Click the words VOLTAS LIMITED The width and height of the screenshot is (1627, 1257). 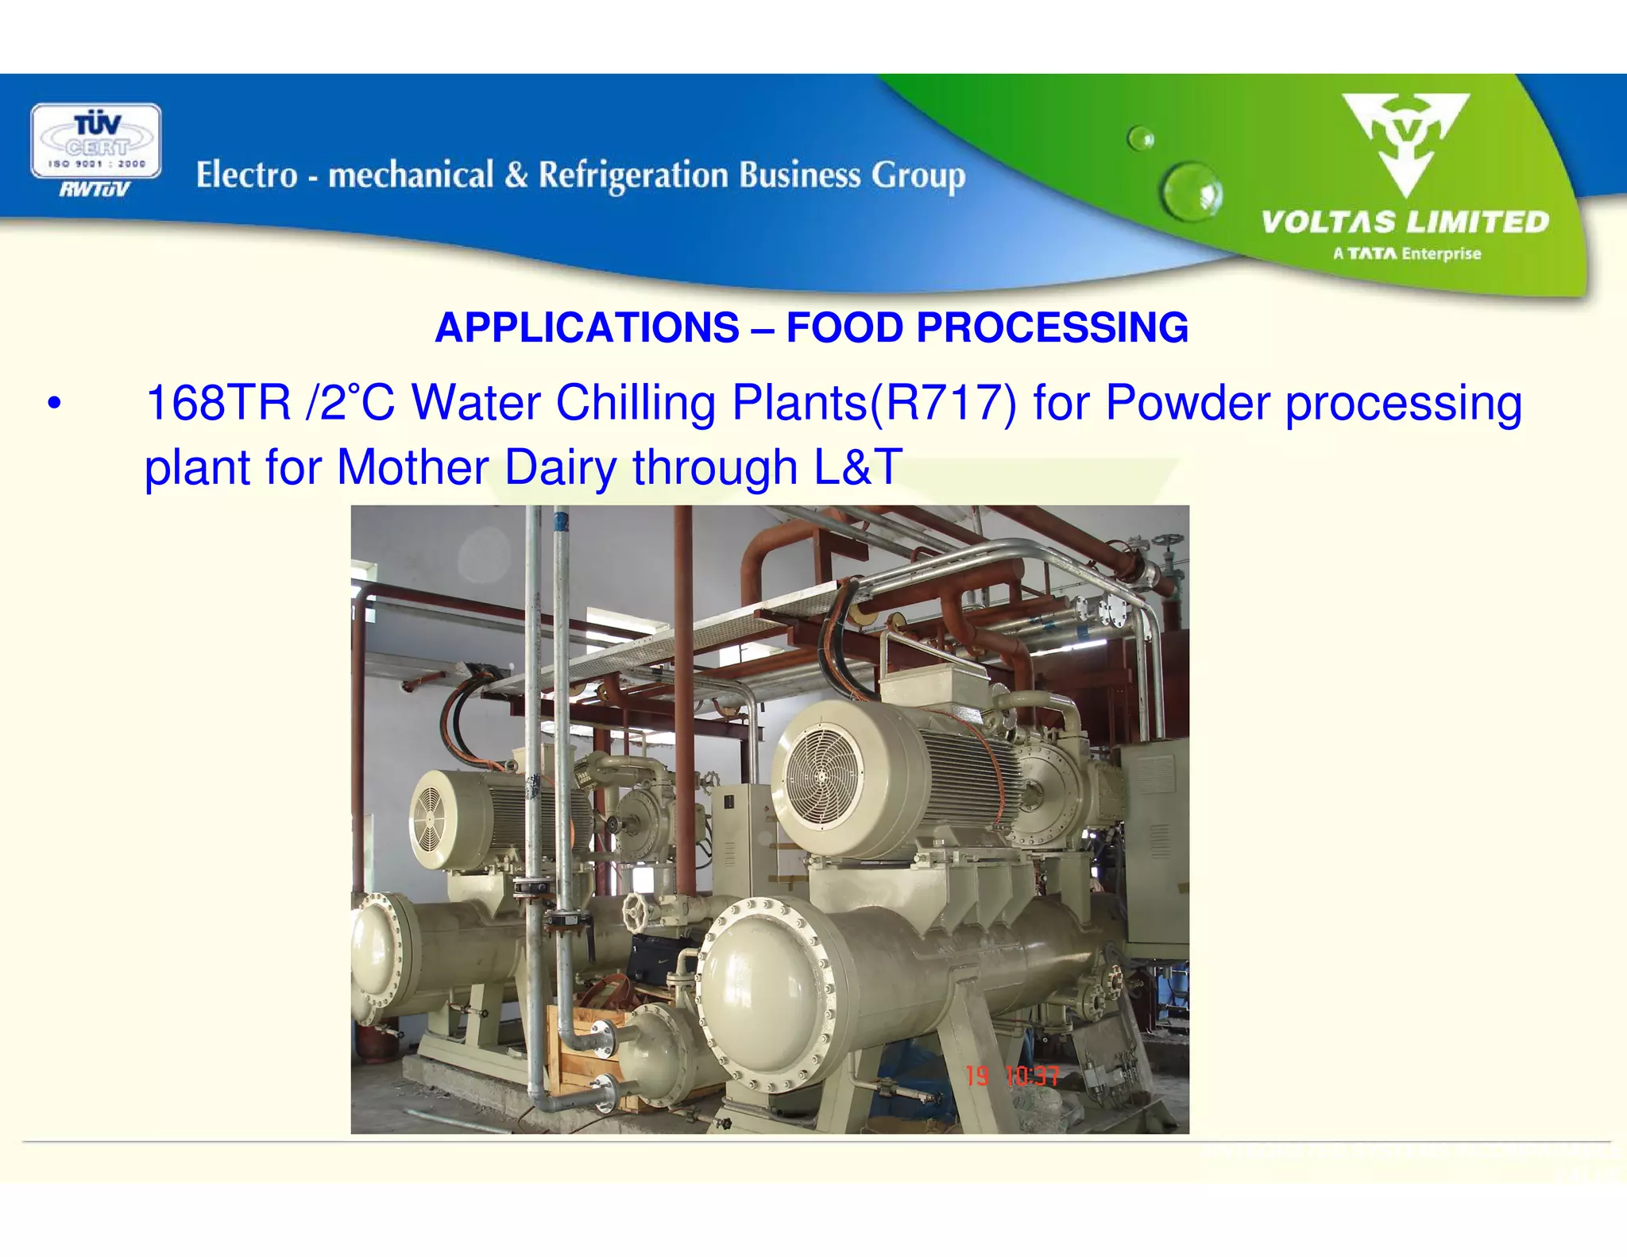(x=1405, y=222)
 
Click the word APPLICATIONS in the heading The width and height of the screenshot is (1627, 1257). (x=587, y=327)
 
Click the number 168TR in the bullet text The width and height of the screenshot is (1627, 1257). (x=218, y=403)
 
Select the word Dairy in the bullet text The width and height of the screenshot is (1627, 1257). (x=560, y=466)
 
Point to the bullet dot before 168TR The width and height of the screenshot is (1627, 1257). (x=53, y=403)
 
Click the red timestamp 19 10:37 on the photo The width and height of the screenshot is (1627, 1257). (x=1011, y=1076)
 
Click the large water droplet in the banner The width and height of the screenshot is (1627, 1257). (x=1191, y=191)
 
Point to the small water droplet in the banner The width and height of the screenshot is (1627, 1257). (x=1142, y=139)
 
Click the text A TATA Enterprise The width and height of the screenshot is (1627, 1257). (x=1406, y=254)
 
